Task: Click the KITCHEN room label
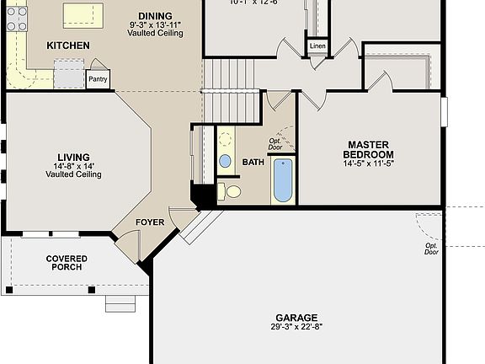[x=68, y=45]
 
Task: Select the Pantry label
[x=98, y=79]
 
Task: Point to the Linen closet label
[x=317, y=45]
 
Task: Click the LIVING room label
[x=73, y=158]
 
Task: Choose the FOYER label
[x=149, y=223]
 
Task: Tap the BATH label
[x=253, y=163]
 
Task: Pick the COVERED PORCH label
[x=66, y=263]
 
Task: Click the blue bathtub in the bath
[x=284, y=180]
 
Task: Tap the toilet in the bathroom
[x=230, y=193]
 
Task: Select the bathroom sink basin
[x=225, y=161]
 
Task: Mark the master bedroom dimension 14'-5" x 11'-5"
[x=368, y=163]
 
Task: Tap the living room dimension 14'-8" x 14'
[x=73, y=174]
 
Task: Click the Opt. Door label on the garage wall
[x=431, y=249]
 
